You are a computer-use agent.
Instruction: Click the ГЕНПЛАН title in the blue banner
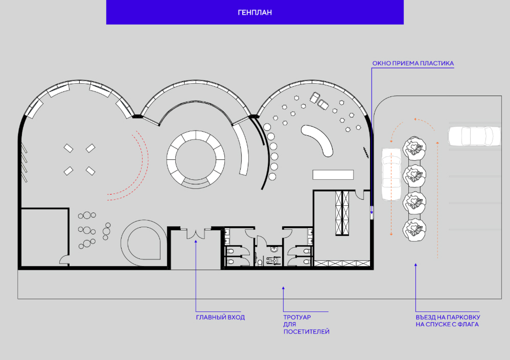[x=254, y=12]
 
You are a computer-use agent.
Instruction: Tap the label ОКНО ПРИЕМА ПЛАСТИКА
[x=413, y=63]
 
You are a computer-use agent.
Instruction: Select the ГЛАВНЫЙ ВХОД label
[x=220, y=318]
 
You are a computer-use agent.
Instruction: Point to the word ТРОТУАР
[x=297, y=317]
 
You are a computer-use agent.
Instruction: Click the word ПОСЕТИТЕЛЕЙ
[x=307, y=332]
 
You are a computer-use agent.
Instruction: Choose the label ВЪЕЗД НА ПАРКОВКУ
[x=448, y=317]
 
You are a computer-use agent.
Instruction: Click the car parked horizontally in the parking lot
[x=475, y=136]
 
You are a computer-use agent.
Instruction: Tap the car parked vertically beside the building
[x=391, y=174]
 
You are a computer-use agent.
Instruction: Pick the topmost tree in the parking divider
[x=414, y=148]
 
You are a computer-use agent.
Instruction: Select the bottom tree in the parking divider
[x=414, y=230]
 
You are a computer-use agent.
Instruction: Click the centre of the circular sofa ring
[x=196, y=159]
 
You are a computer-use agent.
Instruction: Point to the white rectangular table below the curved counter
[x=333, y=175]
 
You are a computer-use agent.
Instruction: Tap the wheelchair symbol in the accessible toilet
[x=273, y=260]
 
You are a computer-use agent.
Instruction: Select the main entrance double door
[x=196, y=233]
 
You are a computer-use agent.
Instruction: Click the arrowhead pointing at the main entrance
[x=196, y=241]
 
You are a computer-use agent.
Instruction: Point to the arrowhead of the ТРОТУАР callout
[x=283, y=288]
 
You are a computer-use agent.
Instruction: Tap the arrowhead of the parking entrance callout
[x=415, y=265]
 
